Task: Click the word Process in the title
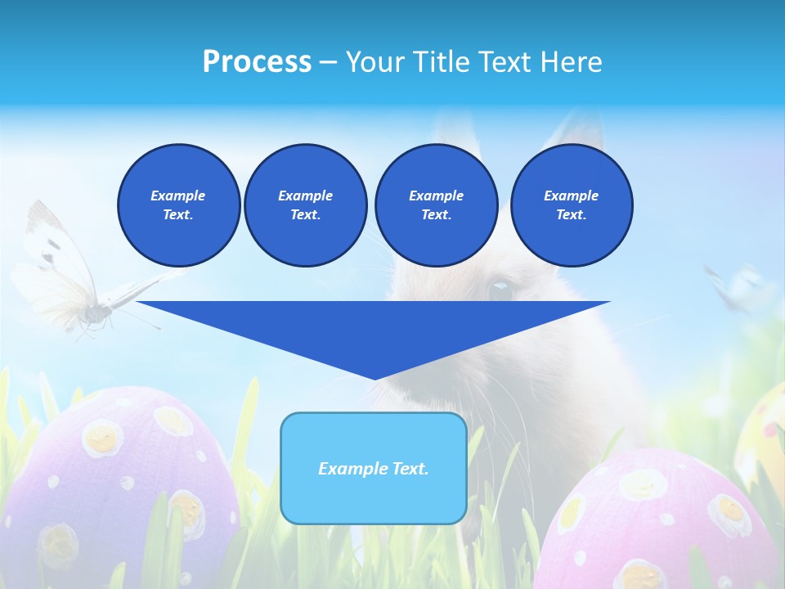(257, 62)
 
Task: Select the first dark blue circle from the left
(178, 205)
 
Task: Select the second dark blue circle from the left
(305, 205)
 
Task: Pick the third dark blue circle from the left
(436, 205)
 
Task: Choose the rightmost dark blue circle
(571, 205)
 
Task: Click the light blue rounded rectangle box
(373, 468)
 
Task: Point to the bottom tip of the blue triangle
(375, 377)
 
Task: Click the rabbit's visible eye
(500, 289)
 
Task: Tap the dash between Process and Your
(328, 62)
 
